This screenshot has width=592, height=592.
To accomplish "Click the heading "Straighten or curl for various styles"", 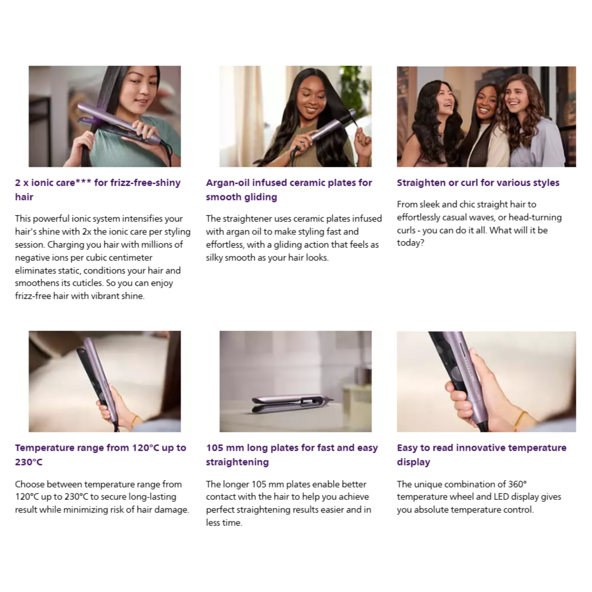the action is [478, 183].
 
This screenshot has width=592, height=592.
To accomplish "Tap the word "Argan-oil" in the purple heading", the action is [228, 183].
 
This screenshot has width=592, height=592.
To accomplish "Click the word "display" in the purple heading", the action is [413, 462].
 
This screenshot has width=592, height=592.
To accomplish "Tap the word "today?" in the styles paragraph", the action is [410, 243].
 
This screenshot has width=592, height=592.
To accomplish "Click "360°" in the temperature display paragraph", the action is [517, 484].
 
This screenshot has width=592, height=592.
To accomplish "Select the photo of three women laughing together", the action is [486, 116].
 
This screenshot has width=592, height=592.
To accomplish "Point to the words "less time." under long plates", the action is [224, 523].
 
